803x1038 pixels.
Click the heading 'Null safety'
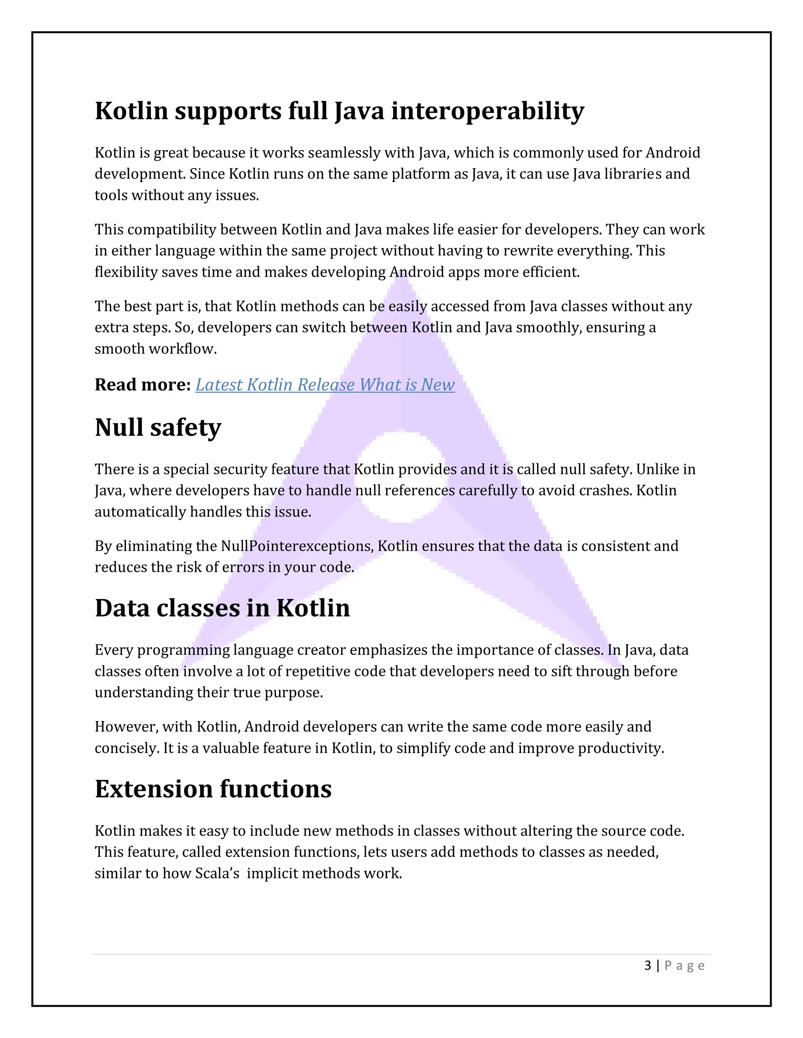(158, 427)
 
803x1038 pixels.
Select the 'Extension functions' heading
(213, 789)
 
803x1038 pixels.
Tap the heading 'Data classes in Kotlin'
(222, 608)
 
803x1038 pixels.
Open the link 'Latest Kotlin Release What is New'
(325, 385)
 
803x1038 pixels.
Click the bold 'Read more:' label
(143, 385)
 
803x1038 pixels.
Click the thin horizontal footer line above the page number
(401, 954)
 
